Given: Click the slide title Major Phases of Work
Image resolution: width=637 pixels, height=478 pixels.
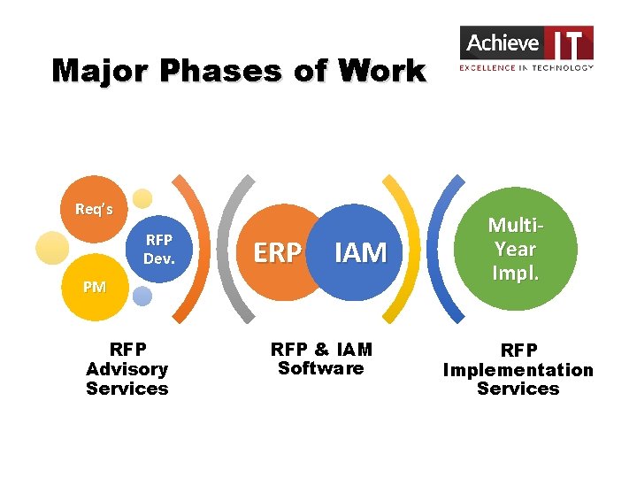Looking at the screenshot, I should tap(239, 70).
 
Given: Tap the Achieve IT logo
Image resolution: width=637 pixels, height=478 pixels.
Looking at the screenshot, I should tap(526, 48).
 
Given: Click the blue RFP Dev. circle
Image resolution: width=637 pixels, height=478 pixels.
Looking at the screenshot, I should tap(158, 250).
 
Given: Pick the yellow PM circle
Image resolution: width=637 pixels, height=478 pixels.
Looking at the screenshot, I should tap(95, 287).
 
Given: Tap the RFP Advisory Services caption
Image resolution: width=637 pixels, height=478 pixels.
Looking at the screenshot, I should tap(127, 369).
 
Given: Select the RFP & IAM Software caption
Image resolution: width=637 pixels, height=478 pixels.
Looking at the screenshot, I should tap(321, 358).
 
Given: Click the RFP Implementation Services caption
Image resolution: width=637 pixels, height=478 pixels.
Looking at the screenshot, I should tap(518, 369).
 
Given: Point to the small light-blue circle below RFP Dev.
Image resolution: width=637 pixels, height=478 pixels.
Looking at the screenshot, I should tap(142, 297).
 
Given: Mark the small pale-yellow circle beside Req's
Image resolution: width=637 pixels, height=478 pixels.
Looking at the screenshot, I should tap(142, 198).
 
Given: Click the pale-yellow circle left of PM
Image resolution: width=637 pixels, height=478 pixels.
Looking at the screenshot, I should tap(51, 247).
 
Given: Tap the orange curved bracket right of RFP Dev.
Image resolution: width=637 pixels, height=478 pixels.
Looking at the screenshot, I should tap(199, 248).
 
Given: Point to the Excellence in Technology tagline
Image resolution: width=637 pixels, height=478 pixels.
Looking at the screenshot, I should tap(526, 67).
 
